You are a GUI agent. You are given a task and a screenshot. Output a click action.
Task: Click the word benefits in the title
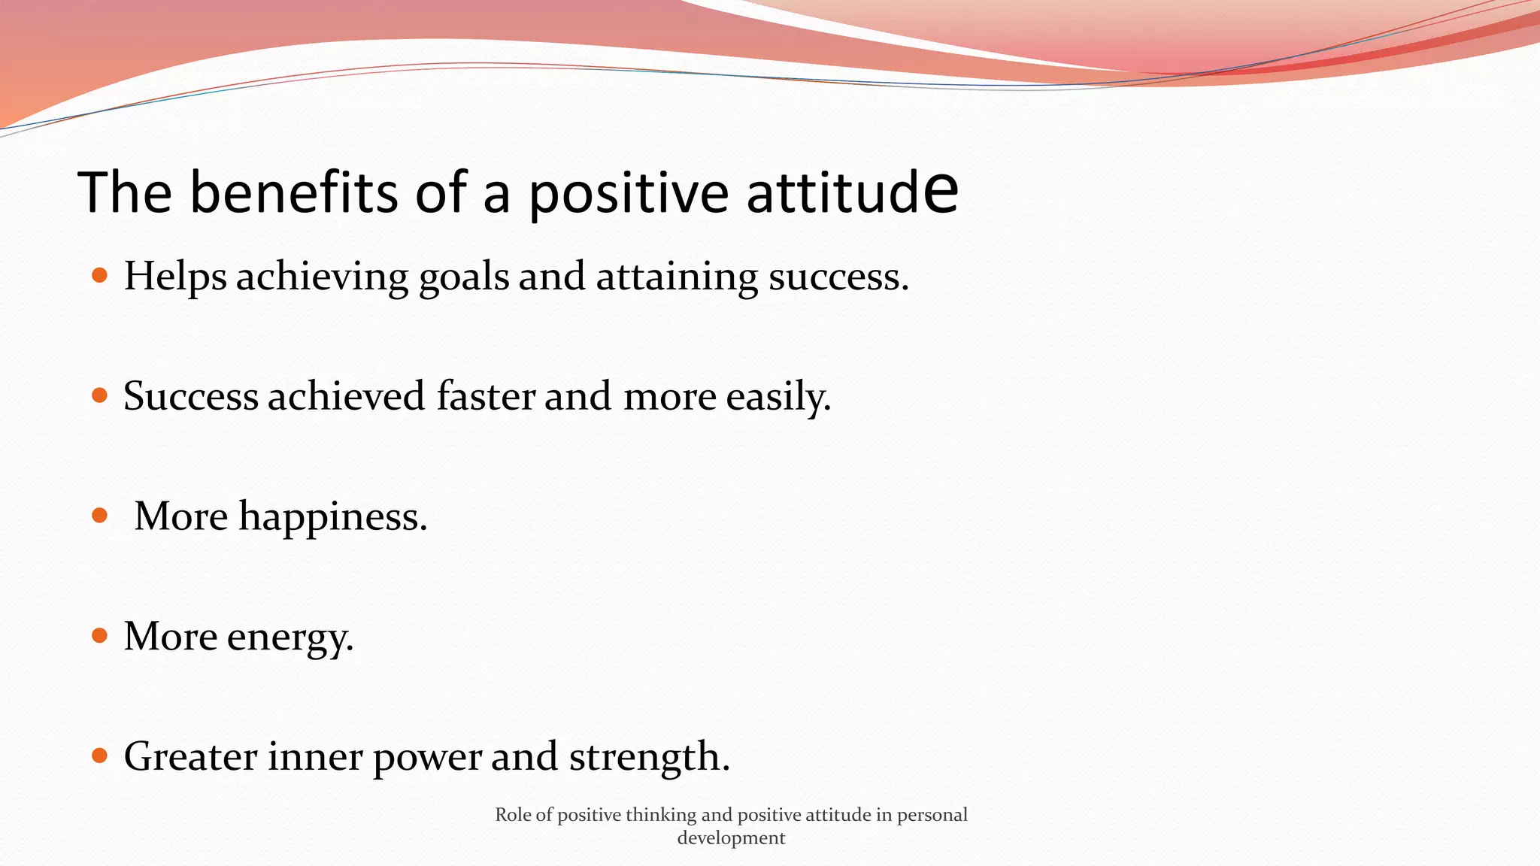click(x=294, y=192)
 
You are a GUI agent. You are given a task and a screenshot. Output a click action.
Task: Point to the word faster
click(x=486, y=396)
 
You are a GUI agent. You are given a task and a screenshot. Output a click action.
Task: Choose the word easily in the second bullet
click(x=778, y=397)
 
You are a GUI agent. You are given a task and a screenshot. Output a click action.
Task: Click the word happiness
click(x=332, y=517)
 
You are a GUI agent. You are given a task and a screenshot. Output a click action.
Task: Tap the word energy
click(x=290, y=637)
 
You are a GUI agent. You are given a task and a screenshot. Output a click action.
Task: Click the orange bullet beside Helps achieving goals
click(x=99, y=276)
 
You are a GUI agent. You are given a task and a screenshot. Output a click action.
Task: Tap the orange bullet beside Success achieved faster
click(x=99, y=395)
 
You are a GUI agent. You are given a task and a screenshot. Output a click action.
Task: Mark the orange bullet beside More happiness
click(x=99, y=516)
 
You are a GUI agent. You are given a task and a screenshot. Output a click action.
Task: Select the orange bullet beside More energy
click(x=99, y=636)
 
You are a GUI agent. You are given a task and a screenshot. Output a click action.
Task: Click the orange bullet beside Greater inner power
click(x=99, y=755)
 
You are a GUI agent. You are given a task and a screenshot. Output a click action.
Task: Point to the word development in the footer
click(x=731, y=838)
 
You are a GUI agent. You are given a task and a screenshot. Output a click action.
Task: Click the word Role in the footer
click(x=513, y=815)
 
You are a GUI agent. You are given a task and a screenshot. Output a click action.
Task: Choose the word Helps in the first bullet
click(x=174, y=277)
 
